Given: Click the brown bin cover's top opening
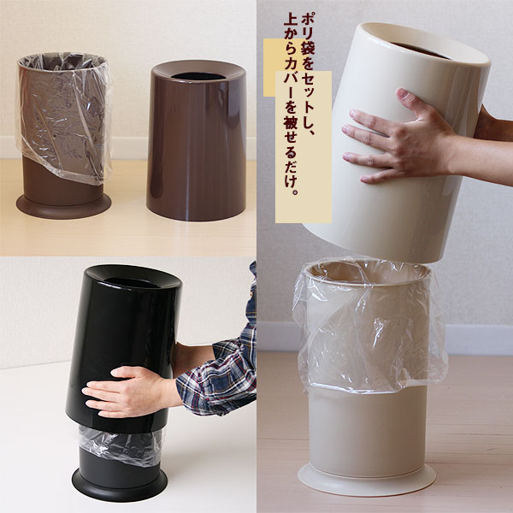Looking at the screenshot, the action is [x=197, y=76].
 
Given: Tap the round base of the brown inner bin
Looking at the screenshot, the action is [x=63, y=206].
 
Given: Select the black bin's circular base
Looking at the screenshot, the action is [x=120, y=485].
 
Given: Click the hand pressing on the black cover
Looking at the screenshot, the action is [x=129, y=391].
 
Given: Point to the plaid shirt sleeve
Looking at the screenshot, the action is [x=222, y=363].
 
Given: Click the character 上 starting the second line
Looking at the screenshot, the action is [x=292, y=21].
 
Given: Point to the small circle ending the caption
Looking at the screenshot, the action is [x=296, y=192].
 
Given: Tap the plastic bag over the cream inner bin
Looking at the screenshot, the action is [x=369, y=327].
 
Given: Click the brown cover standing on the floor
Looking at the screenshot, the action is [x=197, y=140].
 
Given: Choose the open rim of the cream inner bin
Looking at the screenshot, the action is [x=367, y=274].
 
